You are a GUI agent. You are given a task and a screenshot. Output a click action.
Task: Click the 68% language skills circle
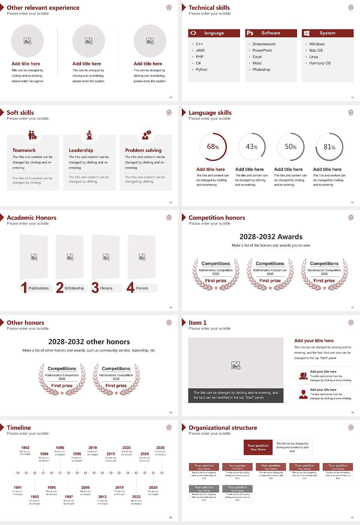point(213,147)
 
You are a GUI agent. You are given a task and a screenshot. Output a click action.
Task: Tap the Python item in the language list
point(201,69)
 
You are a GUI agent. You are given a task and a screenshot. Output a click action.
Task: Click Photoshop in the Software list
point(261,69)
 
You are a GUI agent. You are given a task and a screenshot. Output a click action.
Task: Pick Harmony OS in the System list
point(320,63)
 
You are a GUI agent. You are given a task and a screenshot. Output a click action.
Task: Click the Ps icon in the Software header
point(250,33)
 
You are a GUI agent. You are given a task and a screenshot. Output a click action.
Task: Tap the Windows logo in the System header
point(307,33)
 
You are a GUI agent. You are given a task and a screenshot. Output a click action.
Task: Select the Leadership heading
point(81,150)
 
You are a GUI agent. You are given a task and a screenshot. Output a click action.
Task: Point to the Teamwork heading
point(24,150)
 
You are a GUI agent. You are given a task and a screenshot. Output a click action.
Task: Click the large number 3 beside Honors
point(95,288)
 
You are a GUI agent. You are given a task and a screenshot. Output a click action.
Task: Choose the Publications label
point(39,288)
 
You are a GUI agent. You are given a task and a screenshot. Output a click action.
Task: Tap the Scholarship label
point(74,288)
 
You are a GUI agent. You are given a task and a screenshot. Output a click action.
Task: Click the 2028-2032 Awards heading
point(271,237)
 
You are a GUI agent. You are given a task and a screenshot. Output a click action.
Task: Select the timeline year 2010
point(93,447)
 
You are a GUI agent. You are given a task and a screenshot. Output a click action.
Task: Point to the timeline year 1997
point(69,496)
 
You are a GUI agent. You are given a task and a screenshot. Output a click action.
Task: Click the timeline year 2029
point(160,447)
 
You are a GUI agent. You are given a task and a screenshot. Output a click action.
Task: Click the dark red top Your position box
point(258,447)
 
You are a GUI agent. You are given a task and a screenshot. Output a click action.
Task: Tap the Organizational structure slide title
point(223,427)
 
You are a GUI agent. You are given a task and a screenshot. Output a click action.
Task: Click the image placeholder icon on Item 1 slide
point(236,365)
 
